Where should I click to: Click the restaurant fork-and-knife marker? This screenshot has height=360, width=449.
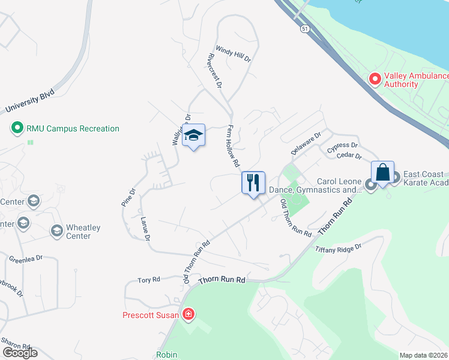[x=253, y=182]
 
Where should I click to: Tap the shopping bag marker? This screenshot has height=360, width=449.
[x=382, y=173]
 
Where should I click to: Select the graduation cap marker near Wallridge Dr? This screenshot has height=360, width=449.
[x=194, y=136]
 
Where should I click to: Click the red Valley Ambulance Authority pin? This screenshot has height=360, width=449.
[x=375, y=79]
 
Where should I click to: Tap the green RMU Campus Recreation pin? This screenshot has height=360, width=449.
[x=17, y=128]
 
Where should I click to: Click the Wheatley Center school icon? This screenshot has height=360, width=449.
[x=56, y=230]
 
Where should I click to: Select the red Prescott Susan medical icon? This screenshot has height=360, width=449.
[x=188, y=314]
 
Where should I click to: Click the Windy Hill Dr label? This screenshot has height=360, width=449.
[x=233, y=54]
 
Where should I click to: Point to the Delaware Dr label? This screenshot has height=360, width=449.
[x=306, y=144]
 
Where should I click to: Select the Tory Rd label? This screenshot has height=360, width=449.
[x=149, y=280]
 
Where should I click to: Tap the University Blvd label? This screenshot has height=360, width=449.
[x=29, y=100]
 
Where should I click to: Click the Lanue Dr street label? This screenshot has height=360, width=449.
[x=144, y=229]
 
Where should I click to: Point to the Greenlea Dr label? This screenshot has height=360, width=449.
[x=26, y=259]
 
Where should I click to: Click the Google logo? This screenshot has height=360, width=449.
[x=19, y=353]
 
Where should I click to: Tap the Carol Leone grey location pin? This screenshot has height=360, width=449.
[x=370, y=184]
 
